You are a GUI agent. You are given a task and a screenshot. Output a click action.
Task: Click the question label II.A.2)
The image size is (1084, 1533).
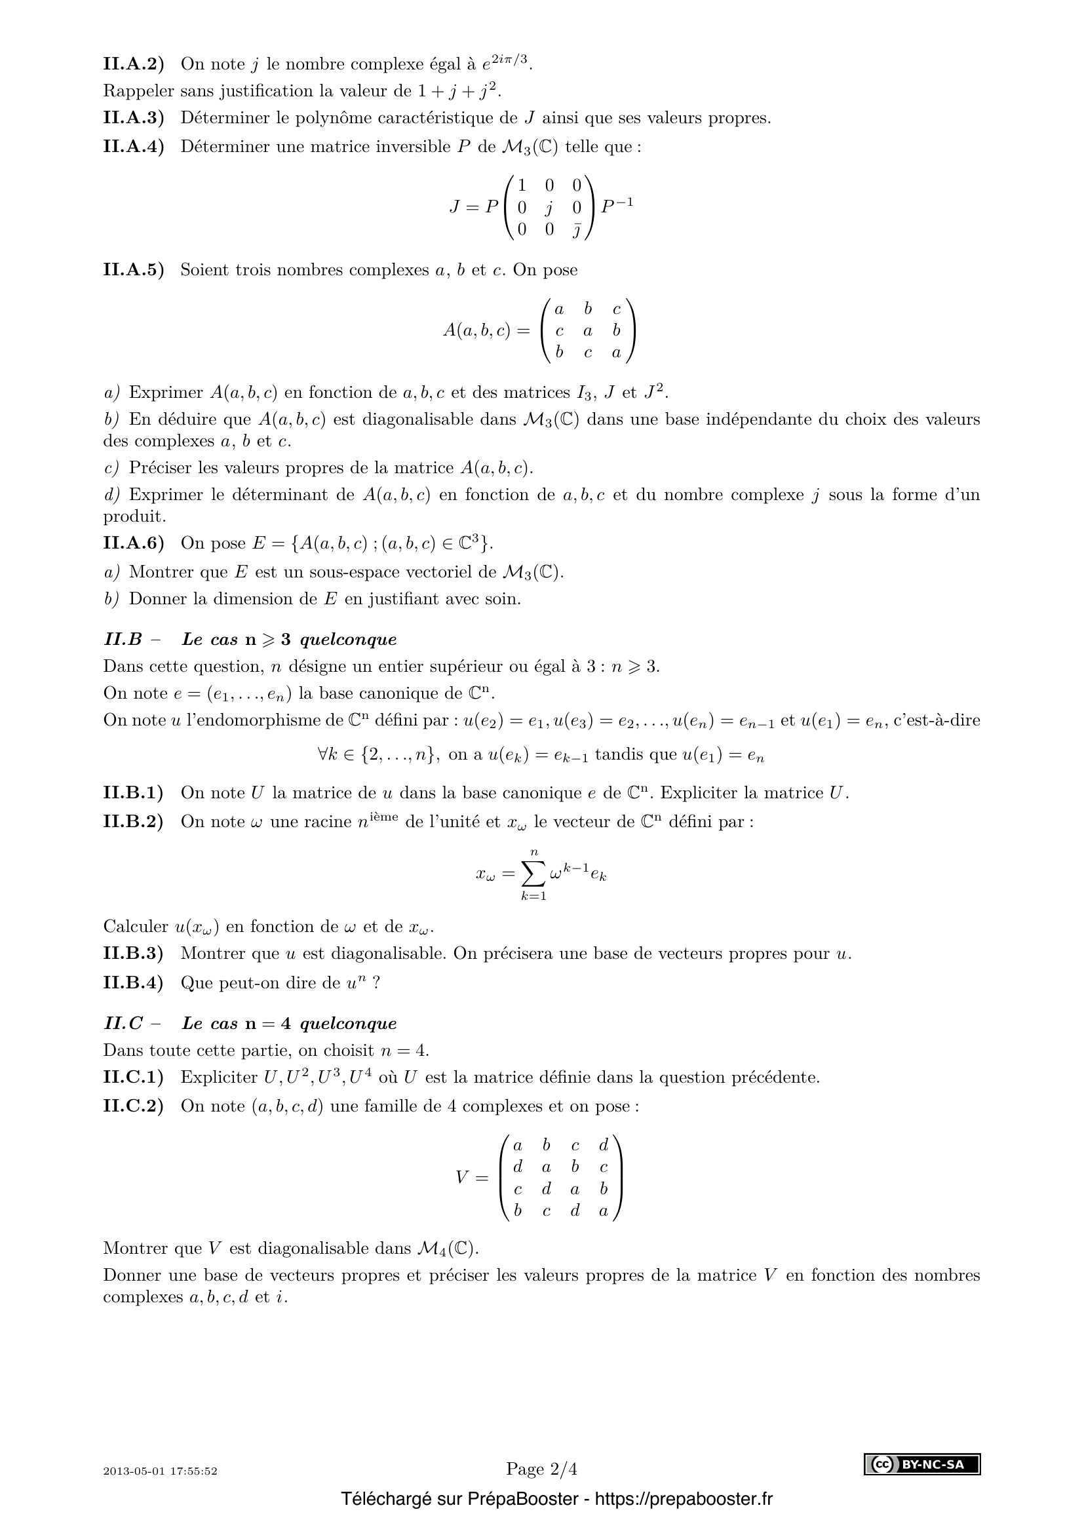click(x=134, y=64)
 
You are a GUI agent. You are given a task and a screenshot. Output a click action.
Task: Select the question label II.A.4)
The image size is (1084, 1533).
click(x=134, y=146)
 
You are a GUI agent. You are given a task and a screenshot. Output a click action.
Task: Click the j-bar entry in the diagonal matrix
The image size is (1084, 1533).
click(x=576, y=229)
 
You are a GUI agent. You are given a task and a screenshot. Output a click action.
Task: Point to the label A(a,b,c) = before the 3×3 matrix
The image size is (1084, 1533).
click(x=486, y=330)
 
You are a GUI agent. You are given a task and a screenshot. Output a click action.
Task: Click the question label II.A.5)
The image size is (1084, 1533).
click(x=134, y=270)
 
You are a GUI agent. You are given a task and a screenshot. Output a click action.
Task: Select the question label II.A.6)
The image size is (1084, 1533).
click(x=134, y=543)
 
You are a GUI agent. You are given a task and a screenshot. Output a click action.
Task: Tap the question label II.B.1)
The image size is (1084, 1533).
click(x=134, y=792)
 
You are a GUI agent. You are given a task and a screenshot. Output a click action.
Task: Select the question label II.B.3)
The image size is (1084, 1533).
click(x=134, y=953)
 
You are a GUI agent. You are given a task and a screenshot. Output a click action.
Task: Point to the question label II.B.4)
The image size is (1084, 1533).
click(x=134, y=982)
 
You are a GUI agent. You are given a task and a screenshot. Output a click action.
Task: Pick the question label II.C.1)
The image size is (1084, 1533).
click(x=134, y=1077)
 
